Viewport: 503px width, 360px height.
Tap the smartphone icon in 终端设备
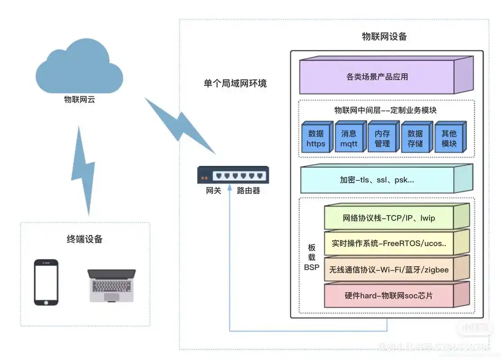[46, 282]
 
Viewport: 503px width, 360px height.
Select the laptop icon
[111, 285]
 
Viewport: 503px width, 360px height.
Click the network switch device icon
[233, 175]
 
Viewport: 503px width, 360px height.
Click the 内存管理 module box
[382, 138]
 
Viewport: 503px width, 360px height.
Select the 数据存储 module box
[415, 138]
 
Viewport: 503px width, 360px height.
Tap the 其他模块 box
[449, 138]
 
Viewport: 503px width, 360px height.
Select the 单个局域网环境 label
[235, 83]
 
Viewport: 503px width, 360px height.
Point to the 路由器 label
[249, 191]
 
